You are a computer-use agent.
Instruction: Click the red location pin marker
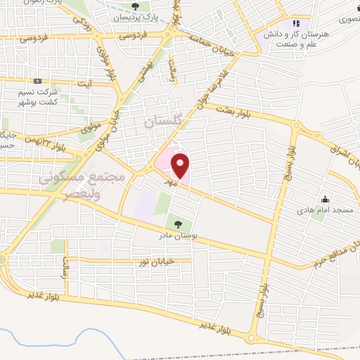(x=181, y=166)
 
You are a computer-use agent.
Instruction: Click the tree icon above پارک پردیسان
(x=136, y=6)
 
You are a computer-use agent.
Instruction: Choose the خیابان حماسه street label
(x=209, y=41)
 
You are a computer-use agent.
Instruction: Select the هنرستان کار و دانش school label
(x=287, y=38)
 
